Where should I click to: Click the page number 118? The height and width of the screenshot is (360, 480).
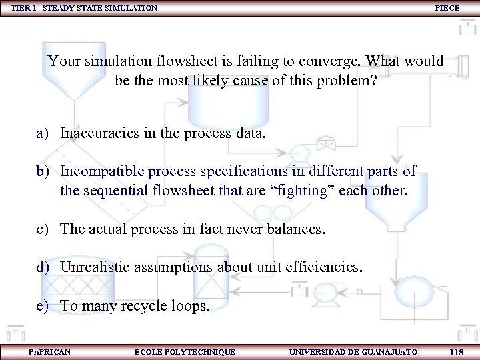[457, 352]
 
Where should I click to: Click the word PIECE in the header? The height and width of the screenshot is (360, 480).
[447, 8]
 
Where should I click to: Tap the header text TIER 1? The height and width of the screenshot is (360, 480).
[23, 8]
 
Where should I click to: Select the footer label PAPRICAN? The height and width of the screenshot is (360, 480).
[50, 351]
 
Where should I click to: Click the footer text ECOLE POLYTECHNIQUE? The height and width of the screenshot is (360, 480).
[185, 351]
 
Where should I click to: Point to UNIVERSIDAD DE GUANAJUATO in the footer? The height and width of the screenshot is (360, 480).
[353, 351]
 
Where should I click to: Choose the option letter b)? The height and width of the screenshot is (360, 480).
[45, 171]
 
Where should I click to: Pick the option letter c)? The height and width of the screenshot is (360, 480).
[44, 229]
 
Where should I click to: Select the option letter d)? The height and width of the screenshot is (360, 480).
[45, 268]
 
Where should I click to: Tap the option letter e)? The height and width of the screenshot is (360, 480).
[44, 307]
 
